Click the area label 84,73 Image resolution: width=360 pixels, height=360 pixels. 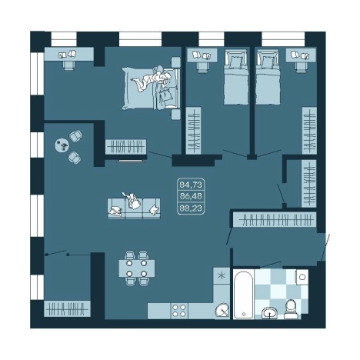click(x=191, y=185)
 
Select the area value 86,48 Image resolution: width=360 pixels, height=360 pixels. click(x=191, y=196)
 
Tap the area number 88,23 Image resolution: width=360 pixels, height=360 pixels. click(x=191, y=208)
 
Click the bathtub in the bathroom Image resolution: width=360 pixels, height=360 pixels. click(x=243, y=294)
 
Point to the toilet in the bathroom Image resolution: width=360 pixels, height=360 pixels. click(x=291, y=309)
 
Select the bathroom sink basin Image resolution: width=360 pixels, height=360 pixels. click(x=269, y=312)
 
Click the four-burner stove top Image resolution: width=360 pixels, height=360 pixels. click(x=179, y=311)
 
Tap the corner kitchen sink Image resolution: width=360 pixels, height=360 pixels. click(x=222, y=310)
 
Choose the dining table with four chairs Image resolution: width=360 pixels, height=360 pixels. click(x=136, y=268)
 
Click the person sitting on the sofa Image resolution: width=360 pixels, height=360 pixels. click(x=133, y=201)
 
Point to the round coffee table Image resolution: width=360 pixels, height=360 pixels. click(x=62, y=145)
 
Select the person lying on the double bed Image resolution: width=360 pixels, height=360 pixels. click(x=152, y=79)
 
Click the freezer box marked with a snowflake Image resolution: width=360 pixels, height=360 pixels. click(x=221, y=276)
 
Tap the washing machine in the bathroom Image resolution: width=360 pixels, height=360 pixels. click(x=302, y=277)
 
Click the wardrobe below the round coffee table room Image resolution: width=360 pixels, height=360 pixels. click(x=67, y=308)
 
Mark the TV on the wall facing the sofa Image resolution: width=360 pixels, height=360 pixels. click(x=130, y=161)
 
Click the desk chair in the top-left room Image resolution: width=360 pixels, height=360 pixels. click(x=68, y=65)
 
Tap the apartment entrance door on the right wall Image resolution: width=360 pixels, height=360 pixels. click(x=325, y=247)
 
